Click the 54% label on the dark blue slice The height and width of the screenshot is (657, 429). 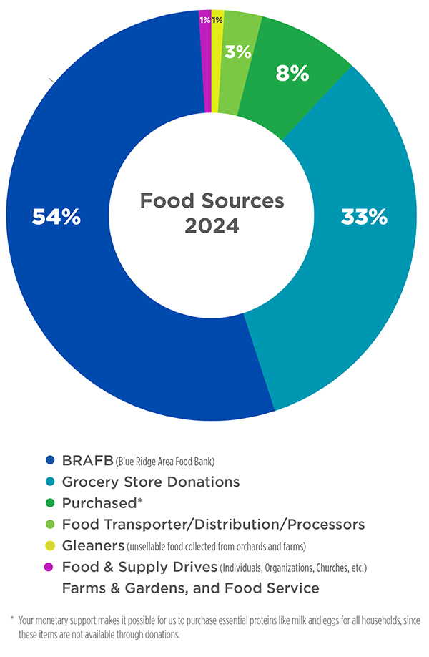tap(56, 217)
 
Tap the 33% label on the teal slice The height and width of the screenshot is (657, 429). tap(363, 217)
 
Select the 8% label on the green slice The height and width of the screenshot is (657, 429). tap(292, 72)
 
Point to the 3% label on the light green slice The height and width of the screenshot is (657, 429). tap(239, 52)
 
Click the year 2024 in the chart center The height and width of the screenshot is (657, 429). tap(212, 226)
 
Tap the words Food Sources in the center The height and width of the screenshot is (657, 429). tap(212, 200)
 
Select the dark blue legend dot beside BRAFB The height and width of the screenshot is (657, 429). tap(50, 460)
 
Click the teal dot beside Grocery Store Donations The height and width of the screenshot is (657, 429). tap(50, 482)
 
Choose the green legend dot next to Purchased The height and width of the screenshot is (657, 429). tap(50, 503)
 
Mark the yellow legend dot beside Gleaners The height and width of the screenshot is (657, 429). tap(50, 546)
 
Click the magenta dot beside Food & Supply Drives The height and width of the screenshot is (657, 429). tap(50, 568)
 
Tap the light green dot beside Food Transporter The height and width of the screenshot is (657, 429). tap(50, 525)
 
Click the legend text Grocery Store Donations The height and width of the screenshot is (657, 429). tap(150, 482)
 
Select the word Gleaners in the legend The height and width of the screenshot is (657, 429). tap(93, 546)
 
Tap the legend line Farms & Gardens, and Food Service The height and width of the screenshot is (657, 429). tap(190, 588)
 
